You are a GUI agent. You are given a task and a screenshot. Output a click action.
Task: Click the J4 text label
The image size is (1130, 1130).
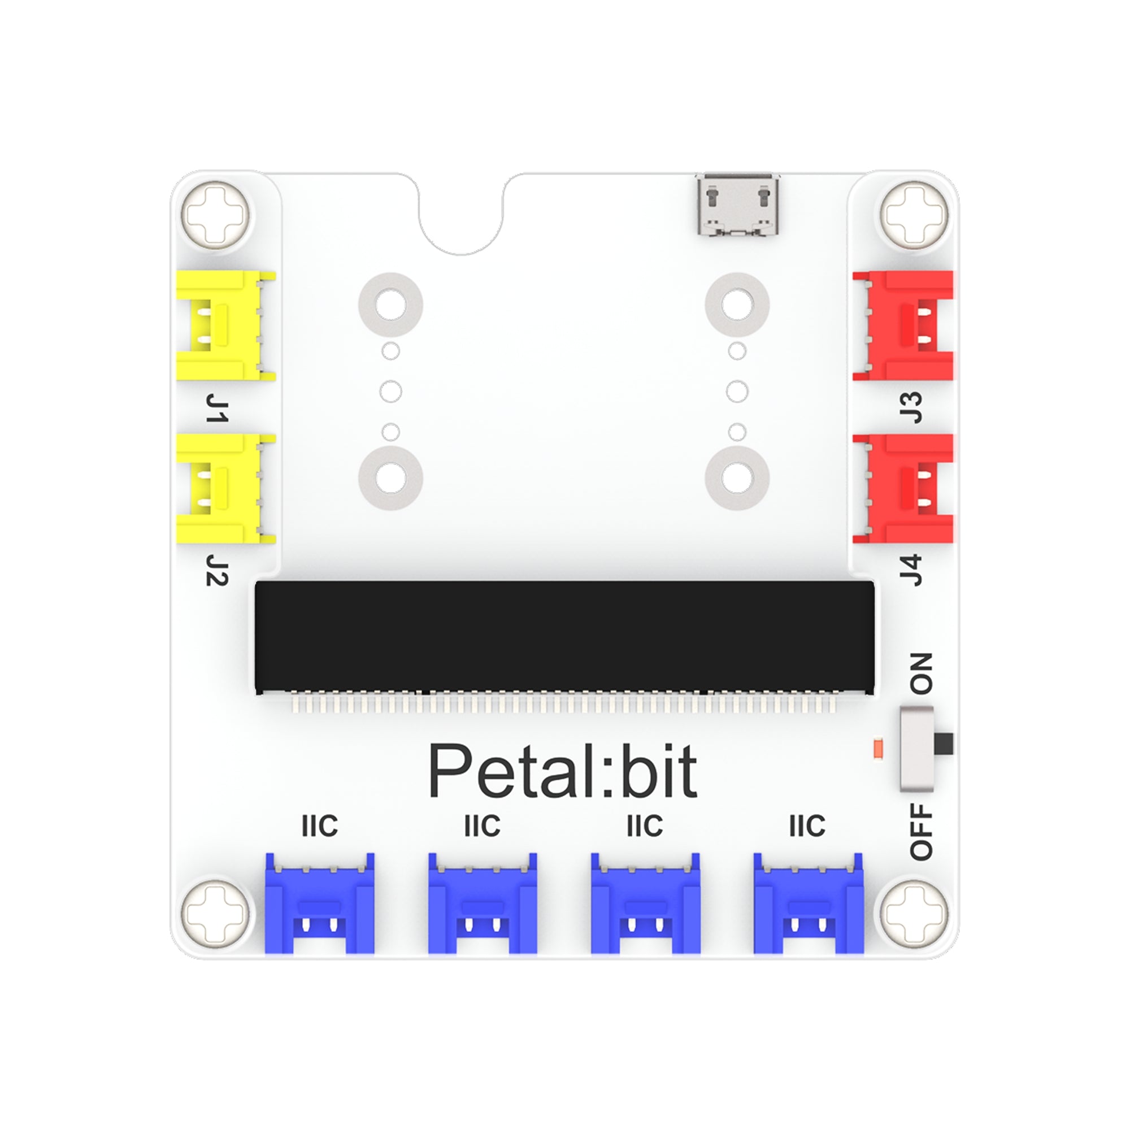[911, 570]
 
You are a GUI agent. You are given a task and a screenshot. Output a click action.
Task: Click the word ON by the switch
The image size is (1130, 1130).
[921, 674]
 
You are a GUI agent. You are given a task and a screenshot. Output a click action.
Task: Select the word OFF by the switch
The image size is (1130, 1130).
[921, 832]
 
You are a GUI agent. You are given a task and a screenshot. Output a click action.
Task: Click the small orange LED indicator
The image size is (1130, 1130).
[877, 749]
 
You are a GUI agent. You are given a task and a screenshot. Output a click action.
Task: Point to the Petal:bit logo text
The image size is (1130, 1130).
[563, 771]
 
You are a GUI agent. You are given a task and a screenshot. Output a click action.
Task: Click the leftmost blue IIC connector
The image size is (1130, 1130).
[319, 903]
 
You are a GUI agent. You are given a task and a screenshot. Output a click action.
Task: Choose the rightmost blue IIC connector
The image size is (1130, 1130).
[809, 903]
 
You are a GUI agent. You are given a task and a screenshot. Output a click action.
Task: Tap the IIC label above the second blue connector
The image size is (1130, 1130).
[482, 826]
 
